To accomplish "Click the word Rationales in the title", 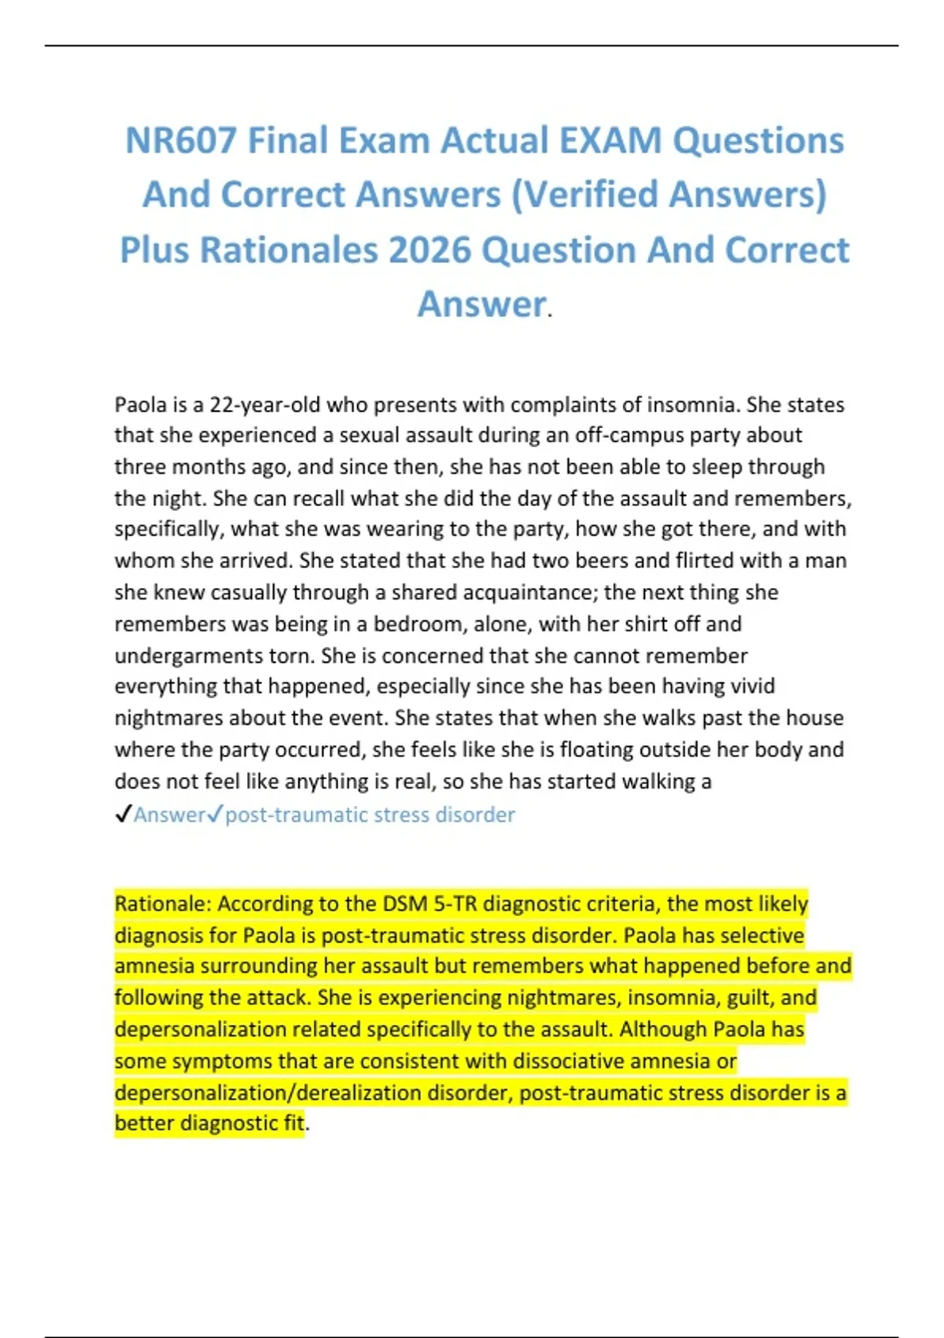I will coord(289,250).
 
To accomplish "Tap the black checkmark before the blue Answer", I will coord(123,815).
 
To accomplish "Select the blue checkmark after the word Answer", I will coord(216,815).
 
